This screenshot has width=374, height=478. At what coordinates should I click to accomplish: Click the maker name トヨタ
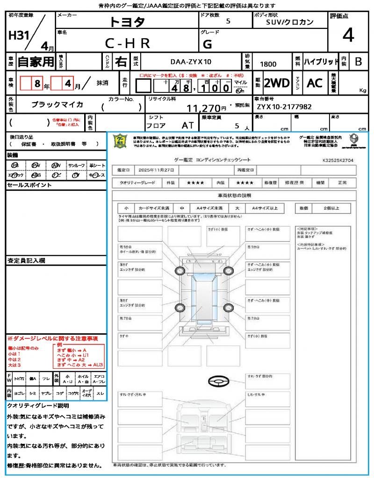point(127,22)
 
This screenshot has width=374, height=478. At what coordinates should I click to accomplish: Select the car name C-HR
point(127,43)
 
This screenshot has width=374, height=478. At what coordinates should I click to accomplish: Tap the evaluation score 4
point(348,35)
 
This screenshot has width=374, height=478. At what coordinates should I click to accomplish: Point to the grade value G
point(208,44)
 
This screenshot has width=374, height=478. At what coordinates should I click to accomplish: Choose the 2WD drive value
point(277,83)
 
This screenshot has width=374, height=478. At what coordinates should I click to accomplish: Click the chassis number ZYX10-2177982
point(284,107)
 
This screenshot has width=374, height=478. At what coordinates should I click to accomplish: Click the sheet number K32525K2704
point(338,160)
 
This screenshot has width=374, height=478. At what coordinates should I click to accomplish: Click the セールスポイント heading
point(29,185)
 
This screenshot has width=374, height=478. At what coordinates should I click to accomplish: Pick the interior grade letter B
point(358,62)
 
